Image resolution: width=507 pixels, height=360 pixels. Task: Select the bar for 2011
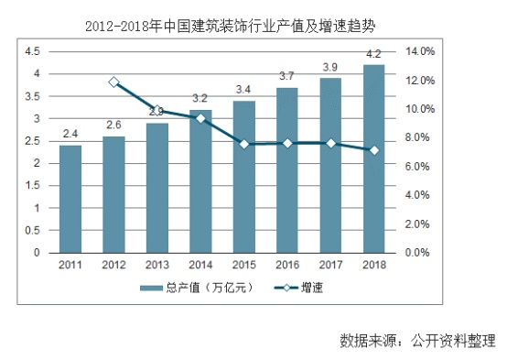tap(70, 199)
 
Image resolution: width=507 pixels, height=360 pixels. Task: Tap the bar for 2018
tap(373, 158)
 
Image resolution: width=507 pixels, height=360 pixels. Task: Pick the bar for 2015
tap(243, 177)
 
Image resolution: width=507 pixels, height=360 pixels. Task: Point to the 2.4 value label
tap(70, 134)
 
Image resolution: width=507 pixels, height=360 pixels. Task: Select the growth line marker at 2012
tap(113, 82)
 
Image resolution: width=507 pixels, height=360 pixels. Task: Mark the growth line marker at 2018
tap(373, 150)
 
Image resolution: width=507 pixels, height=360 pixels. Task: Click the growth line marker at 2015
tap(243, 144)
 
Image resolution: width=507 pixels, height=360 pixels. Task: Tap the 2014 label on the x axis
tap(200, 266)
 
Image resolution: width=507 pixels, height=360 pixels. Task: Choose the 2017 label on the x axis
tap(330, 266)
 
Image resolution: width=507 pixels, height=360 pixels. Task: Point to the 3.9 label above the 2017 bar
tap(330, 67)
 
